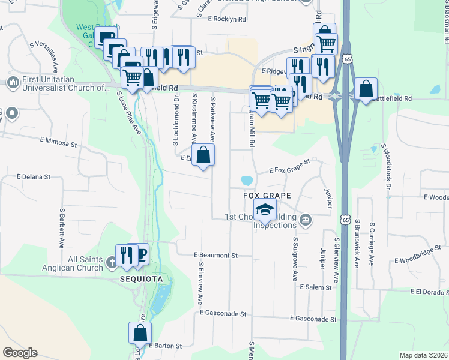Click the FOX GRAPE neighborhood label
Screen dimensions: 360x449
(267, 196)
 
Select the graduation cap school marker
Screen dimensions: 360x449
(264, 211)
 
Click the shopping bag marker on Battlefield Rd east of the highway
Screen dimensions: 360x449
(366, 89)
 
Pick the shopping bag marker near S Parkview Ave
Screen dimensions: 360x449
(204, 155)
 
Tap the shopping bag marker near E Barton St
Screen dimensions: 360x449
(140, 332)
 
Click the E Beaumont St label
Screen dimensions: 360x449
(216, 256)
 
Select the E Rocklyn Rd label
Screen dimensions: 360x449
(227, 19)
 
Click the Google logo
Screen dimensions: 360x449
(20, 353)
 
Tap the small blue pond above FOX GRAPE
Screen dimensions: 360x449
(246, 180)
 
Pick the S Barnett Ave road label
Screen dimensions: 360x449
(62, 229)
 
